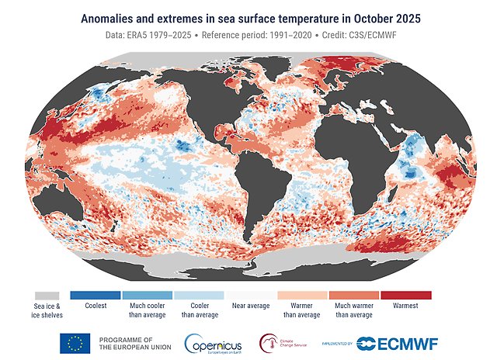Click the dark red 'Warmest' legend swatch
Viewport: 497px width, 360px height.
click(406, 296)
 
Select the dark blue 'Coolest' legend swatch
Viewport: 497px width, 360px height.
click(96, 296)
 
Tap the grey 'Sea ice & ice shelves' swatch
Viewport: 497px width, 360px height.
click(47, 296)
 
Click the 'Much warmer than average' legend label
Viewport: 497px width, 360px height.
click(354, 310)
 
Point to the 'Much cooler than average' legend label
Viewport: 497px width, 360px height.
click(148, 310)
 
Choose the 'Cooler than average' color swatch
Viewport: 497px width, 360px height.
click(199, 296)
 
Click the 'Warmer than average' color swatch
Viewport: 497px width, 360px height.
click(303, 296)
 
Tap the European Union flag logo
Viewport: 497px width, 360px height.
click(75, 343)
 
